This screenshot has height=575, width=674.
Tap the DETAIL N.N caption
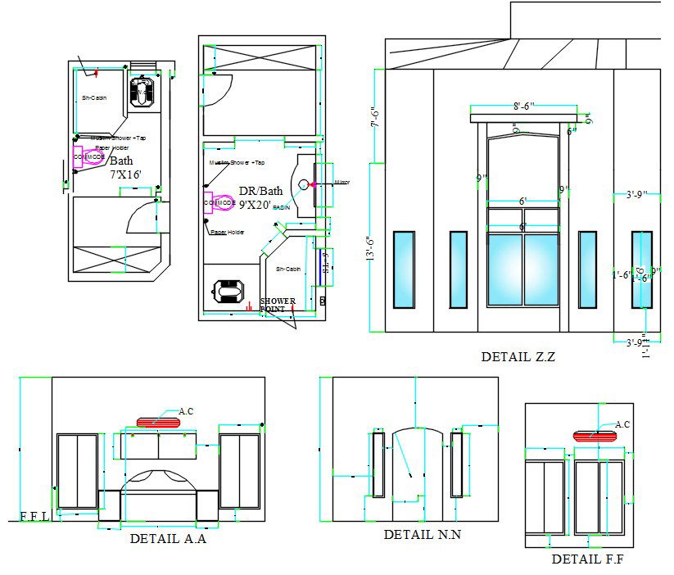(423, 534)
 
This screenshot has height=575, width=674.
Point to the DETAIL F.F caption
(589, 559)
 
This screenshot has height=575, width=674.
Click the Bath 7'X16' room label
(126, 167)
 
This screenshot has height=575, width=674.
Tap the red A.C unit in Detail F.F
(595, 436)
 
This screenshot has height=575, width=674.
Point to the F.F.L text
(34, 517)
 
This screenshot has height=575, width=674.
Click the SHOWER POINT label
(277, 305)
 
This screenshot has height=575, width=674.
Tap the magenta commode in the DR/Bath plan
(219, 202)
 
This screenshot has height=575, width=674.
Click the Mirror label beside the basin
(342, 182)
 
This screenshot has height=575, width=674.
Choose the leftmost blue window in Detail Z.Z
(403, 269)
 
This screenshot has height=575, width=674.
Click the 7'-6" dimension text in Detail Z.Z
(375, 119)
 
